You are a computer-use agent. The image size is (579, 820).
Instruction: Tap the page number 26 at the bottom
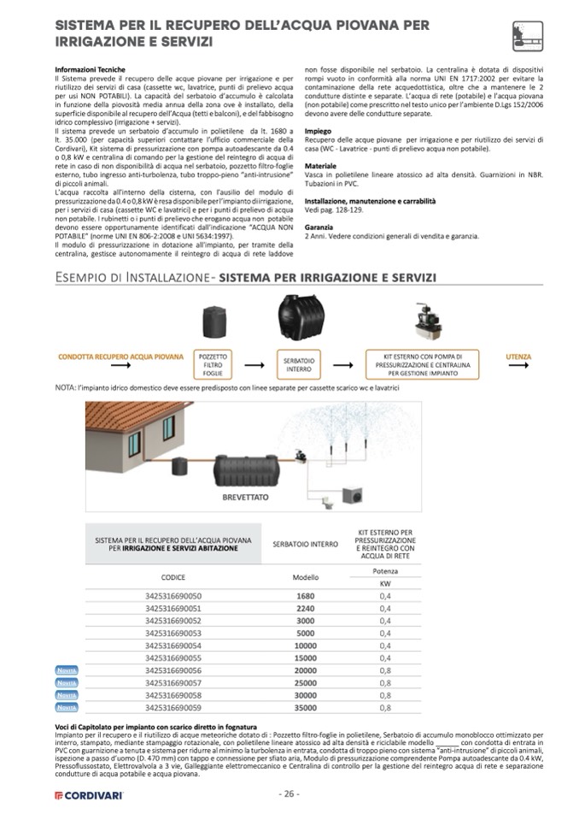click(289, 793)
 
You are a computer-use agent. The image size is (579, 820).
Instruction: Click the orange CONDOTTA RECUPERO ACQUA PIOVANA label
click(121, 356)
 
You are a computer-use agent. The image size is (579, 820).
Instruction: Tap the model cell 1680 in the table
click(305, 595)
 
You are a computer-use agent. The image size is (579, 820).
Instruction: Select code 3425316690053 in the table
click(173, 633)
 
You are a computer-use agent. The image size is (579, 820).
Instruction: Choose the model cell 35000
click(305, 708)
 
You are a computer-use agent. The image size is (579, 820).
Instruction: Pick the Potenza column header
click(385, 570)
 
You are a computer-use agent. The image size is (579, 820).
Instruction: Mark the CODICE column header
click(173, 577)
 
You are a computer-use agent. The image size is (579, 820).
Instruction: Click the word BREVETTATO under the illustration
click(221, 495)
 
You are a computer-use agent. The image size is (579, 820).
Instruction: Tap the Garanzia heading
click(320, 227)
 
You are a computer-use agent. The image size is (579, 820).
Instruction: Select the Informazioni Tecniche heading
click(90, 69)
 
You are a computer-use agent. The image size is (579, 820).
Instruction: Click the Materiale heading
click(320, 166)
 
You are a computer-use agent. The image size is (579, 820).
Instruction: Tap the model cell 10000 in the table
click(305, 646)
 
